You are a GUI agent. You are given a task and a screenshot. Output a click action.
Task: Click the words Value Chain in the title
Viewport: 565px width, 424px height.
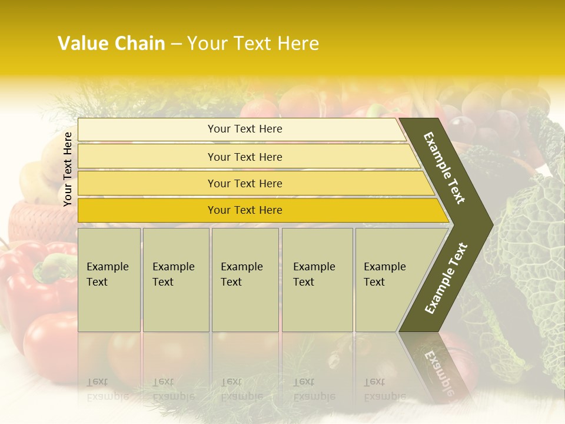coord(111,44)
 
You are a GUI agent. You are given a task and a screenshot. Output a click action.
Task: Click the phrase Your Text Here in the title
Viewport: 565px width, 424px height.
coord(253,44)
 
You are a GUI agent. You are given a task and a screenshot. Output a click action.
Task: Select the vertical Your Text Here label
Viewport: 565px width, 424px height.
coord(68,169)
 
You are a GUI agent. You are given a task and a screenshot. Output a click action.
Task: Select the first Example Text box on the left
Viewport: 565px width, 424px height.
coord(109,280)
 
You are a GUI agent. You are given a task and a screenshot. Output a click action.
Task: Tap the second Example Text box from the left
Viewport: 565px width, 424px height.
coord(175,280)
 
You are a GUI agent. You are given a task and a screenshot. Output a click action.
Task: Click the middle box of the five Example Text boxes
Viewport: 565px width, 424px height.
coord(245,280)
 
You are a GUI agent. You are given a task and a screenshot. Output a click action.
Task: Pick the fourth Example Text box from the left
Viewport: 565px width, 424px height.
coord(317,280)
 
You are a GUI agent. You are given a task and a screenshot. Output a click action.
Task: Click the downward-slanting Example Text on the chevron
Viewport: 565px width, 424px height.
coord(444,168)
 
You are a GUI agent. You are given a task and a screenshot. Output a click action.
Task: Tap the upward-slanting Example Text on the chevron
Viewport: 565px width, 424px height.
coord(446,278)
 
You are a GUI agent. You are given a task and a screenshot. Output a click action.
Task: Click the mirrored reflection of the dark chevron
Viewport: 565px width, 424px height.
coord(436,365)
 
